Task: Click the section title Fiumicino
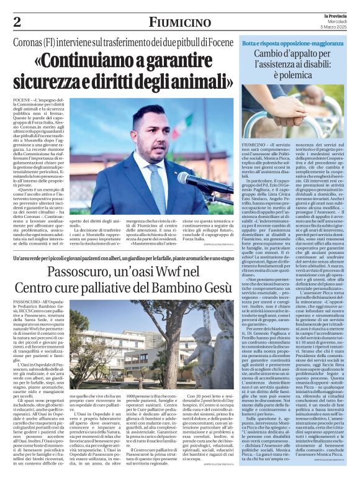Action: (x=179, y=23)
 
